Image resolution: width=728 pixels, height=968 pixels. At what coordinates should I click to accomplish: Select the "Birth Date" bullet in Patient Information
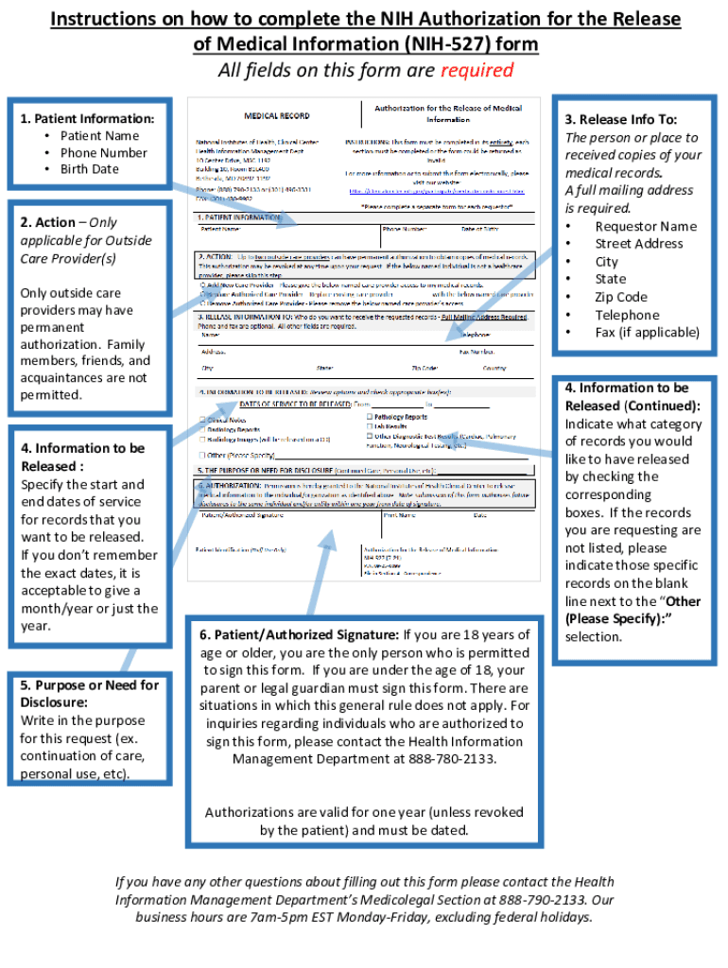(x=90, y=169)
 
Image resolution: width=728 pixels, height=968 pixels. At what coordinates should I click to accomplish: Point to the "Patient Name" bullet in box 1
(x=99, y=135)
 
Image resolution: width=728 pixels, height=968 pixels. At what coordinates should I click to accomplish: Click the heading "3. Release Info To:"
(x=621, y=120)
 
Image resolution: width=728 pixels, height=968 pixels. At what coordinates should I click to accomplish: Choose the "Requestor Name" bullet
(x=646, y=226)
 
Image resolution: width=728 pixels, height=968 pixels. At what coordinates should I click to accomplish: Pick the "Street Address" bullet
(x=638, y=244)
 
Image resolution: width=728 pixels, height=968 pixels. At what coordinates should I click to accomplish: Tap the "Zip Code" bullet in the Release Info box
(x=621, y=297)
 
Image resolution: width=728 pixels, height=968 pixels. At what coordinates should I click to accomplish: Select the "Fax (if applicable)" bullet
(x=647, y=332)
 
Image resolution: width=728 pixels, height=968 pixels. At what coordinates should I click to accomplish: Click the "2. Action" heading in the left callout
(x=48, y=222)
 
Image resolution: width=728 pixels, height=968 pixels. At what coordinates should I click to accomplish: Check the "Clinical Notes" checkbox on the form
(x=201, y=420)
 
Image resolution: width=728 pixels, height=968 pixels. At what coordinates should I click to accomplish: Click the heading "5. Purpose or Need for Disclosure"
(x=90, y=694)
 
